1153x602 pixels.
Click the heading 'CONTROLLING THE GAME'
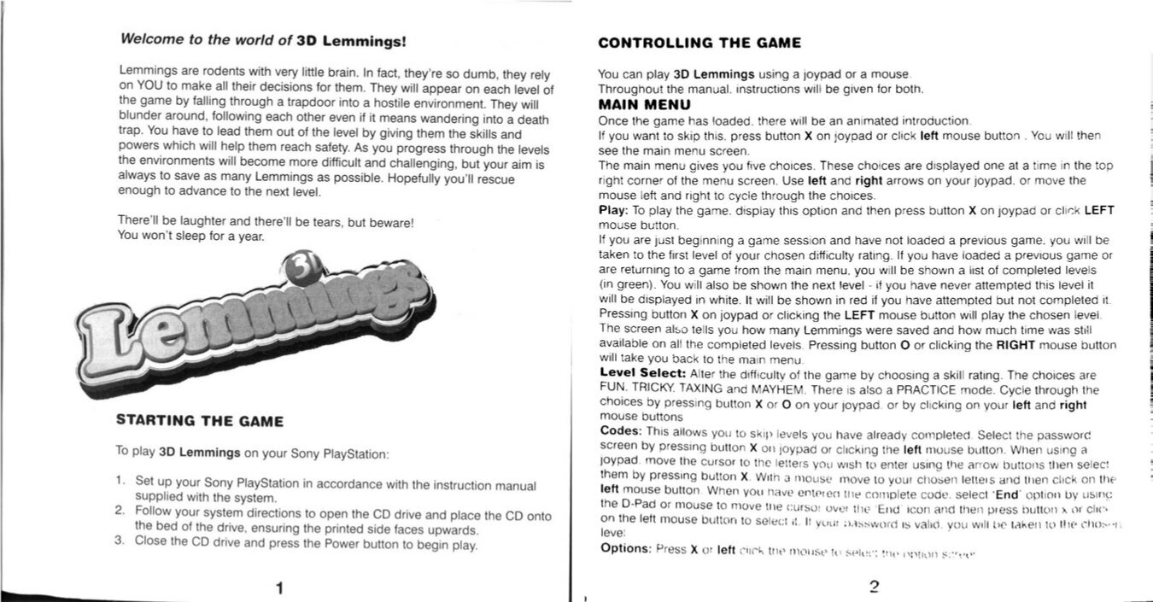pyautogui.click(x=699, y=43)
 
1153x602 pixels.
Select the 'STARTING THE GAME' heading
pyautogui.click(x=199, y=420)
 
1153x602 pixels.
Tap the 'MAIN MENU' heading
pyautogui.click(x=644, y=106)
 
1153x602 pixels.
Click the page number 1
pyautogui.click(x=279, y=587)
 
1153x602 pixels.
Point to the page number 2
pyautogui.click(x=873, y=587)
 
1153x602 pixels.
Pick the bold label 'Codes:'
pyautogui.click(x=620, y=430)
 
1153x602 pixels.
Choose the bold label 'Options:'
pyautogui.click(x=626, y=548)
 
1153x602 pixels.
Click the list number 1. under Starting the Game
pyautogui.click(x=122, y=481)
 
